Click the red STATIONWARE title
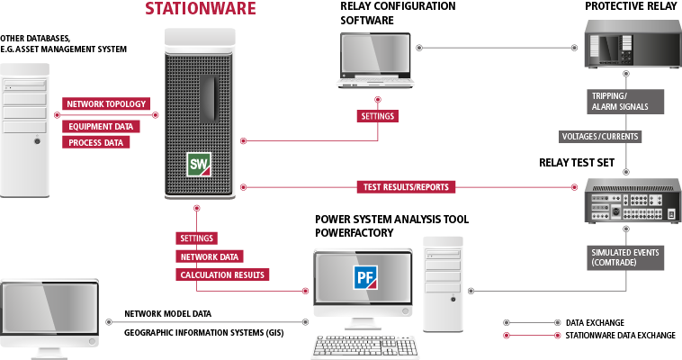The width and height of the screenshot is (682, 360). click(x=201, y=11)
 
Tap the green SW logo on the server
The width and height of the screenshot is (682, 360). click(x=199, y=163)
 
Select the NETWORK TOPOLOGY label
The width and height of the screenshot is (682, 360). click(x=106, y=104)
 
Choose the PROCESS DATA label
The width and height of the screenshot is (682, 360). click(x=94, y=143)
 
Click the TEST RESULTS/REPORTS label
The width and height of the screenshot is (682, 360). click(x=407, y=187)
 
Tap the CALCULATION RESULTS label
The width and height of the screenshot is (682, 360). click(x=224, y=274)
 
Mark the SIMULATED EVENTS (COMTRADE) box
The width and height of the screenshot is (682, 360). click(x=624, y=257)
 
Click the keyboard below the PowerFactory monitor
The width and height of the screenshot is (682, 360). click(x=366, y=346)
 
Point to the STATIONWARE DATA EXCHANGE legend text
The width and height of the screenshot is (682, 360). click(x=620, y=335)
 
